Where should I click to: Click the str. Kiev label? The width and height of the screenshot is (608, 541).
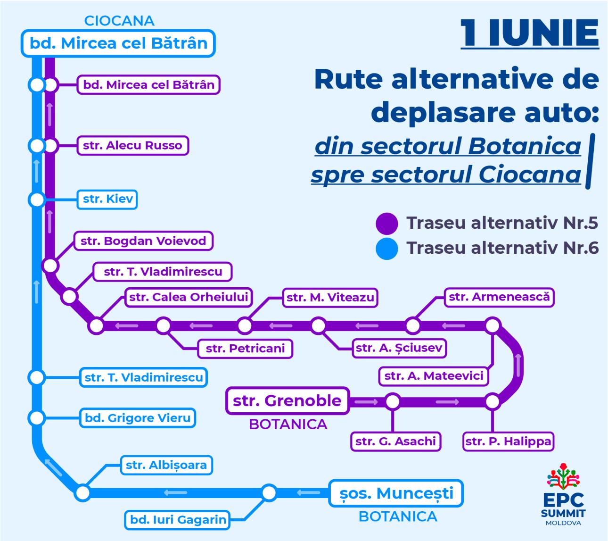click(107, 200)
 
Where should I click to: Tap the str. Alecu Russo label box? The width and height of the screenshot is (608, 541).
click(132, 145)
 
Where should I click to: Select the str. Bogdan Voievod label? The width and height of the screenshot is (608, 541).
click(143, 241)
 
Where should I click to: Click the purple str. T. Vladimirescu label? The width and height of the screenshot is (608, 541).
click(163, 272)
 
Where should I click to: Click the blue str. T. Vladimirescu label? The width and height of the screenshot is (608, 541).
click(143, 378)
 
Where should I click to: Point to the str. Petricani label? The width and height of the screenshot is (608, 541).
click(245, 349)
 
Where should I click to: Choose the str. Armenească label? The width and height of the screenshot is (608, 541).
click(499, 297)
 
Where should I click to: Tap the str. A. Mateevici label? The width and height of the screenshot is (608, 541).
click(434, 376)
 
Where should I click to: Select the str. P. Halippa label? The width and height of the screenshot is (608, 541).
click(508, 441)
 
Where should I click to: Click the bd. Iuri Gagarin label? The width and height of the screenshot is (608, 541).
click(177, 520)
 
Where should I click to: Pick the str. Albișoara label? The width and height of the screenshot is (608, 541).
click(166, 466)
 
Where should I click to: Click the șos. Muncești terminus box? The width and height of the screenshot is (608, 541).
click(396, 493)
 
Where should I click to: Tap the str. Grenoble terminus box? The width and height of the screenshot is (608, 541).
click(288, 401)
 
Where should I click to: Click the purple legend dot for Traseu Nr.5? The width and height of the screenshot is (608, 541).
click(387, 224)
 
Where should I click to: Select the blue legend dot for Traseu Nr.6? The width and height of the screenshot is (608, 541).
click(387, 249)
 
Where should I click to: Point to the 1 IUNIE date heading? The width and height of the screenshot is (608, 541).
click(530, 33)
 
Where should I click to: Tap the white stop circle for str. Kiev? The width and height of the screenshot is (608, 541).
click(37, 200)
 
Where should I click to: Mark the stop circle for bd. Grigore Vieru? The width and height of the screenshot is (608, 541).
click(37, 418)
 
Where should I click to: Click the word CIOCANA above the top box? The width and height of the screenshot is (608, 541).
click(119, 21)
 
